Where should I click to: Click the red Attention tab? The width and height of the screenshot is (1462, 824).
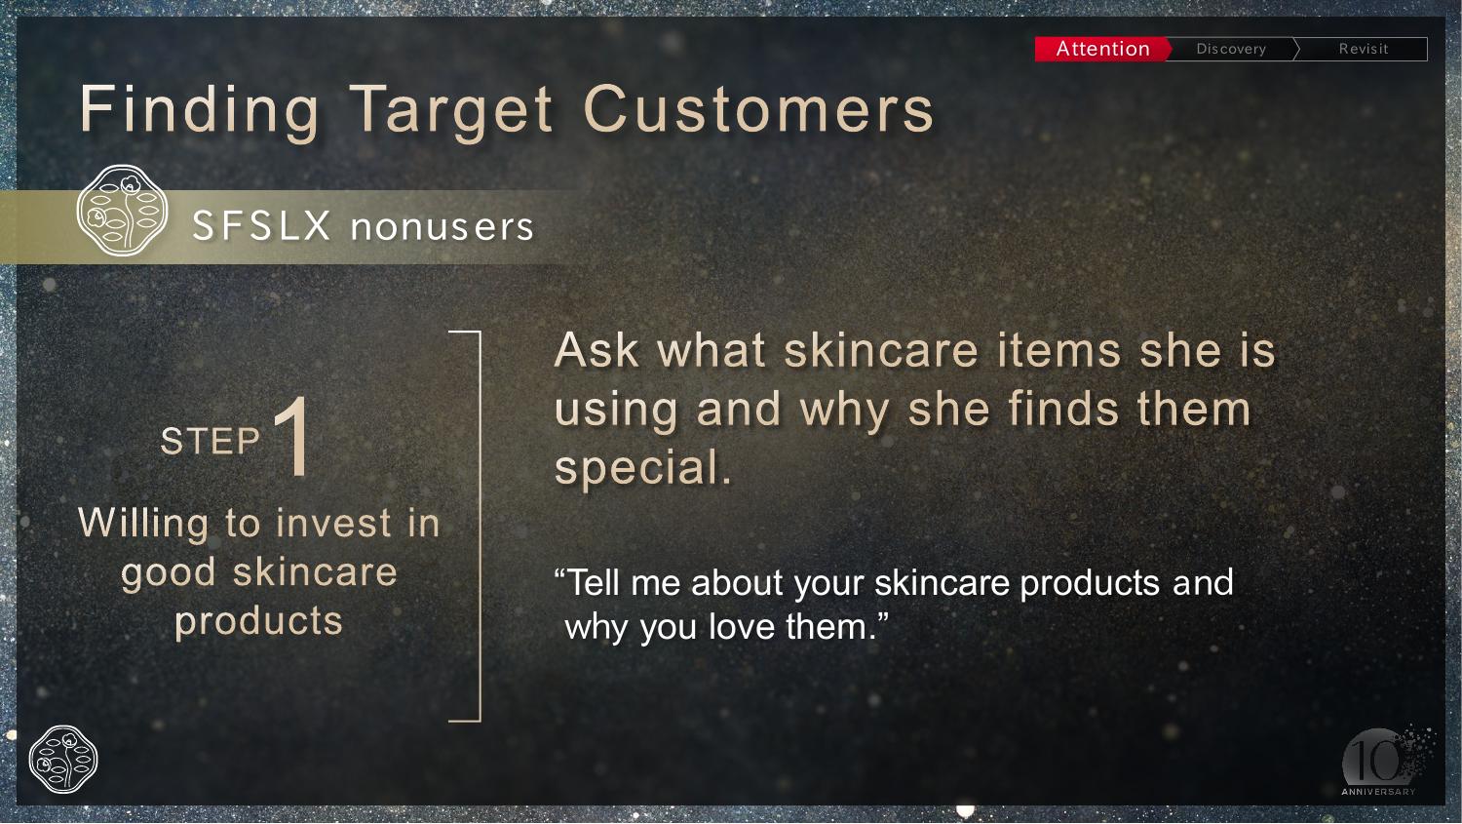1103,49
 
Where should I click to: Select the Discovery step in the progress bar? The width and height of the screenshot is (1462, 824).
1231,49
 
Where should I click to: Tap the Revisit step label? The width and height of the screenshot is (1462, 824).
1364,49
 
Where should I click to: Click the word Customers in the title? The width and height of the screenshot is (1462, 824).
758,109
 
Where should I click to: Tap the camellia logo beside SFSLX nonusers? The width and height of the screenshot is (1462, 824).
122,210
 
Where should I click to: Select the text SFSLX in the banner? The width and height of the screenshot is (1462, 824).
262,226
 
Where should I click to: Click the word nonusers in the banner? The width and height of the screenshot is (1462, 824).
442,227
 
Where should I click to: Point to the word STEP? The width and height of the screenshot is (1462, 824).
211,441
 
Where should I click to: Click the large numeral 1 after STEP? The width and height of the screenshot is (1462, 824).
292,436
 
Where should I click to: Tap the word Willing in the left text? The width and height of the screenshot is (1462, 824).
143,525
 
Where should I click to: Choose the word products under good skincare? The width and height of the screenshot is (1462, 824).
258,621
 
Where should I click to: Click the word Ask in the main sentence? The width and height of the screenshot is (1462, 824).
596,350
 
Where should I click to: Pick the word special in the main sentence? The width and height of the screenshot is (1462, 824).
643,468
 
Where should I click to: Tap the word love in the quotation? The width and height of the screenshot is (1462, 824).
743,627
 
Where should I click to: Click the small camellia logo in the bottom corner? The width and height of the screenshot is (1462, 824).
63,760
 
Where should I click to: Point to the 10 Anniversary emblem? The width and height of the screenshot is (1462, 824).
1381,763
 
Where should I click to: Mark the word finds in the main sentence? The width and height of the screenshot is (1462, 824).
1064,409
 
